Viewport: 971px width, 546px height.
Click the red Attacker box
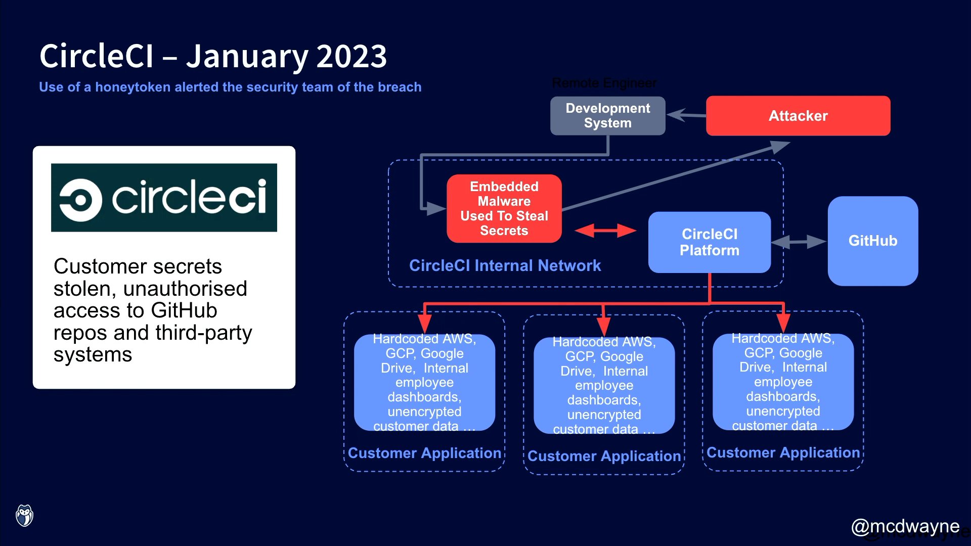tap(798, 116)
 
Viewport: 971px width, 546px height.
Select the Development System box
tap(607, 116)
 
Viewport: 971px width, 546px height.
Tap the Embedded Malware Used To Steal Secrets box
tap(504, 208)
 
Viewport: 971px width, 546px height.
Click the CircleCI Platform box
tap(709, 242)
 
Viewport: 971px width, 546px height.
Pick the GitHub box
tap(872, 241)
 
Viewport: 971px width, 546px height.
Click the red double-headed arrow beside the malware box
tap(605, 231)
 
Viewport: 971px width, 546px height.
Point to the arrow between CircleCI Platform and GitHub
tap(799, 242)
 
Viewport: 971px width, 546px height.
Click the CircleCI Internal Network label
tap(505, 265)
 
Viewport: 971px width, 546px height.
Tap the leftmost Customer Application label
tap(424, 453)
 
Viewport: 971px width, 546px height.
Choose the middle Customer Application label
tap(604, 456)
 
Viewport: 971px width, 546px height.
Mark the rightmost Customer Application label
tap(783, 452)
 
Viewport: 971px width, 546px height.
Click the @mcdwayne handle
tap(905, 526)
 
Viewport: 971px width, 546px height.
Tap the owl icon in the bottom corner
tap(24, 516)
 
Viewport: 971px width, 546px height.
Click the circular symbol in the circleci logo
tap(80, 200)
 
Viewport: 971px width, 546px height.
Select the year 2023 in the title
tap(351, 56)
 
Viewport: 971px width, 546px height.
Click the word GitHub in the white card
tap(184, 310)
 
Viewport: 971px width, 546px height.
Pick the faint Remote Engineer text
tap(604, 83)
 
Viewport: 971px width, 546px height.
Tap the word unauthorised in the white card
tap(185, 289)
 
